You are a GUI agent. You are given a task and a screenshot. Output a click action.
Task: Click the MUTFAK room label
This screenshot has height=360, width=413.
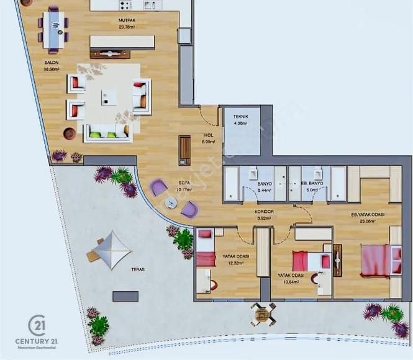tap(128, 20)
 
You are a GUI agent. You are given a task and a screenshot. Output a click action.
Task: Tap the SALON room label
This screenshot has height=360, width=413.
tap(52, 63)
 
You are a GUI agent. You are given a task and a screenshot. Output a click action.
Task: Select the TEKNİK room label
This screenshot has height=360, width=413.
tap(240, 117)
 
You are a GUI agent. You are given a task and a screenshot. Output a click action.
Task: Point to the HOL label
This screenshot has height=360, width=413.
tap(209, 135)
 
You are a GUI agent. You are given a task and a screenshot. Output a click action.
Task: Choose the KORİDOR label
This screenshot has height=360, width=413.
tap(265, 212)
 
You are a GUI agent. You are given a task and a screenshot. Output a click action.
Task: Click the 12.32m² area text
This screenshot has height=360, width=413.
tap(234, 263)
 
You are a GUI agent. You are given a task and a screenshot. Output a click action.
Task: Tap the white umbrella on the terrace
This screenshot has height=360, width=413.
tap(112, 250)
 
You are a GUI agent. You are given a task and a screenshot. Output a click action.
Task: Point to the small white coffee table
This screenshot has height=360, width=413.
tap(110, 97)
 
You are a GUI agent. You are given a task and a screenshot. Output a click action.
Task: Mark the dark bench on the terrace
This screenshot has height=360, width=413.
tap(125, 296)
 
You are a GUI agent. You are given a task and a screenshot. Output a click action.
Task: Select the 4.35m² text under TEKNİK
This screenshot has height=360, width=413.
tap(240, 124)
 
